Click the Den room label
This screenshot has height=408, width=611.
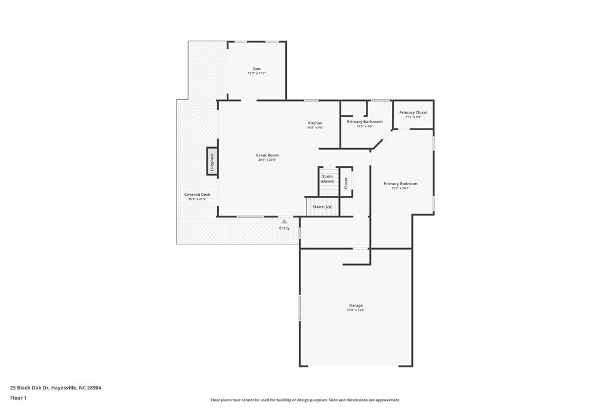point(257,69)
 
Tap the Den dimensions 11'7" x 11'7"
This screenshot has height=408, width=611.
point(257,73)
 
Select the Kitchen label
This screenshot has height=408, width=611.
point(315,123)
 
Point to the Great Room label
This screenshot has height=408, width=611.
point(268,155)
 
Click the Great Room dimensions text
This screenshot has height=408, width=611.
point(268,160)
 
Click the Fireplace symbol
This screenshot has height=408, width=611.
point(212,161)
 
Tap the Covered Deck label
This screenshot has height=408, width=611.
point(197,194)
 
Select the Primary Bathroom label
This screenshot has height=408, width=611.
point(365,121)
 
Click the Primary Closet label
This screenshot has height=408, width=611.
point(413,112)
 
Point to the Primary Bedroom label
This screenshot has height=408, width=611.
point(400,183)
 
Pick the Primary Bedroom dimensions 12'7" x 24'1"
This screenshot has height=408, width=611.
point(400,188)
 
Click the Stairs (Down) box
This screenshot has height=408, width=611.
point(328,180)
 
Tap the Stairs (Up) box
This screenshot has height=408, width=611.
point(322,207)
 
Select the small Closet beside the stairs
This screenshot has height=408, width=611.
point(346,183)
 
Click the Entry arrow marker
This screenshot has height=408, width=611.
point(284,222)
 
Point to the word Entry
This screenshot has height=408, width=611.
point(284,228)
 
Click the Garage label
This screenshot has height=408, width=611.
point(356,305)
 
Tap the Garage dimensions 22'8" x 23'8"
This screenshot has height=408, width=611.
point(356,310)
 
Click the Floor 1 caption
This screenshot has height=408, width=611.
point(18,398)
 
